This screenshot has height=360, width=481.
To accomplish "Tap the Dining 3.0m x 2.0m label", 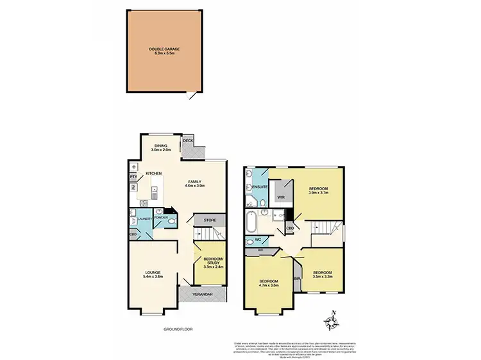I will [160, 147].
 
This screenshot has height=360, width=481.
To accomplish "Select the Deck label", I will [188, 140].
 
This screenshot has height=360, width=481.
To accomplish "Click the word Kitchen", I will [153, 174].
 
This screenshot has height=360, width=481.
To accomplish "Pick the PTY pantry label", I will [133, 176].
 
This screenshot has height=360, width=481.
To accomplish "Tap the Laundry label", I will [143, 218].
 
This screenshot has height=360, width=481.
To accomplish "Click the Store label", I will [210, 221].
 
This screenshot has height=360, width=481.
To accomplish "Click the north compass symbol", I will [332, 320].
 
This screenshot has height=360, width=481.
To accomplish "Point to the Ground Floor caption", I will [178, 329].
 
